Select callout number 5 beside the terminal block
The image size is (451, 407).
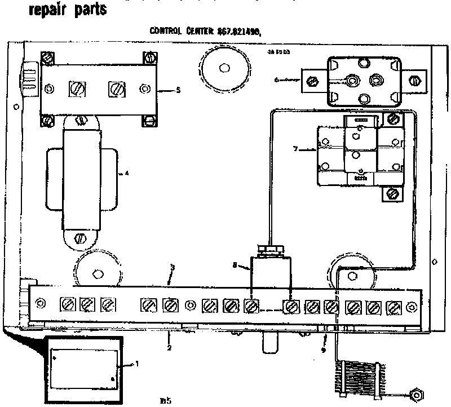pos(178,90)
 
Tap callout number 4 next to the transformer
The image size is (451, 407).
pos(127,174)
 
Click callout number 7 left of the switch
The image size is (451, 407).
pos(295,149)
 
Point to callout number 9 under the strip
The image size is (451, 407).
pos(324,350)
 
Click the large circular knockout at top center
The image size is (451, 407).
pos(225,68)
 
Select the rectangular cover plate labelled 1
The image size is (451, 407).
pos(85,364)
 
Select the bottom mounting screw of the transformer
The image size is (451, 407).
pos(80,237)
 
